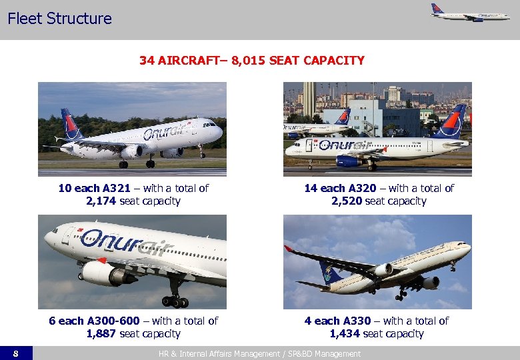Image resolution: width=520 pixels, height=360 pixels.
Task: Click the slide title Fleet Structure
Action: pyautogui.click(x=59, y=19)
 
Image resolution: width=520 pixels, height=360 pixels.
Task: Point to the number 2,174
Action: pyautogui.click(x=101, y=201)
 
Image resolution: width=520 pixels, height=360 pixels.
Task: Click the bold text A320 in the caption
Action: pyautogui.click(x=360, y=188)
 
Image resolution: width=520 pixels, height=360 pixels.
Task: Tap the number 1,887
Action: pyautogui.click(x=101, y=333)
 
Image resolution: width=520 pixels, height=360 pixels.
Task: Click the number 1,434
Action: pyautogui.click(x=344, y=333)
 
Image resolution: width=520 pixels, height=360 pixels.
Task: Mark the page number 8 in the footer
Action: pyautogui.click(x=15, y=353)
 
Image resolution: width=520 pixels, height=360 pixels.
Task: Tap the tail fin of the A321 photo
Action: pyautogui.click(x=70, y=123)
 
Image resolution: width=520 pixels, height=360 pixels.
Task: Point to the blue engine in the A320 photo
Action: pyautogui.click(x=349, y=161)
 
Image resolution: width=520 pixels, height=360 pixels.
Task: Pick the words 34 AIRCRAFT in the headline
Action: pyautogui.click(x=179, y=61)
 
